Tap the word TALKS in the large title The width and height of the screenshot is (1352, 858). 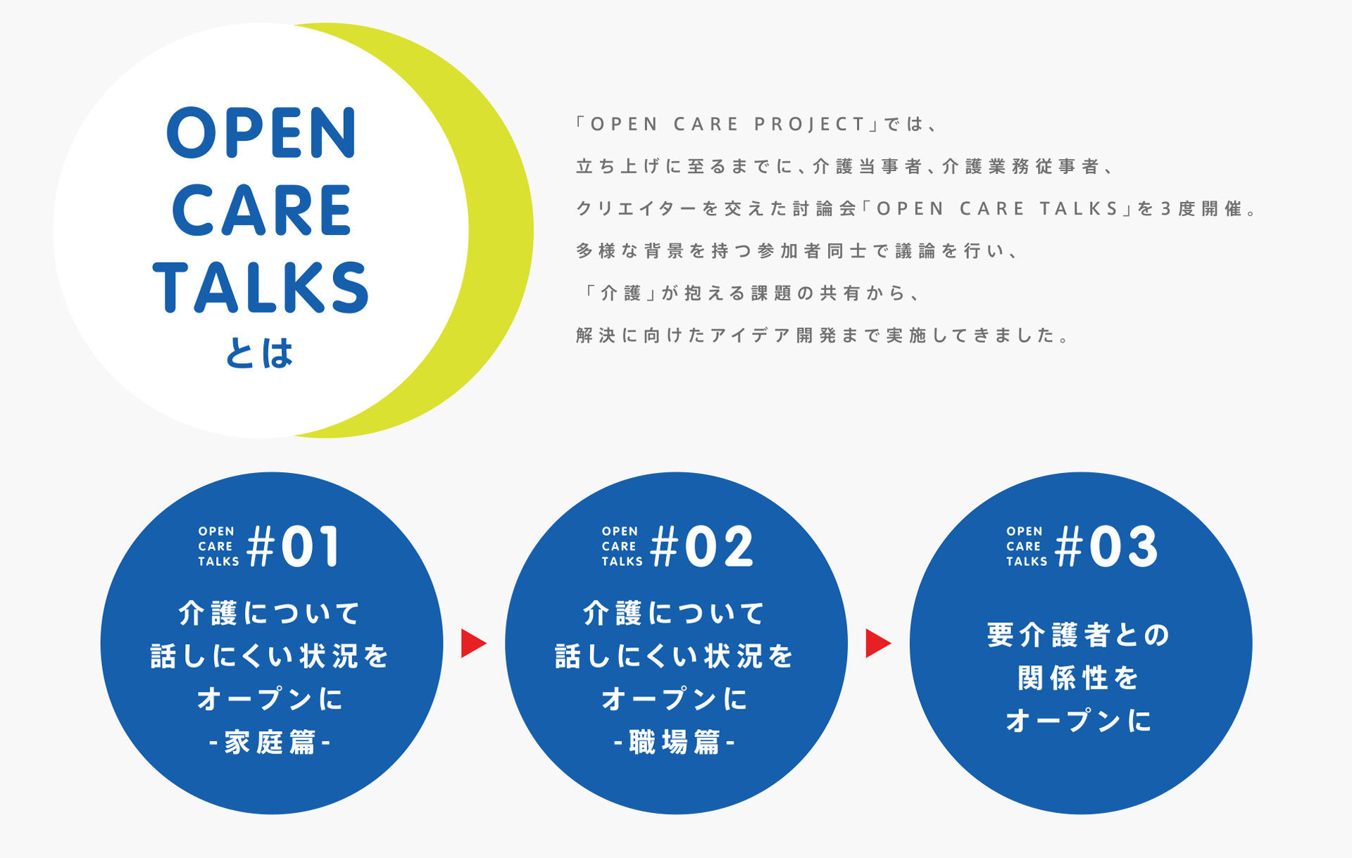(261, 286)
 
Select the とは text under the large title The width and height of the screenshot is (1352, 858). (258, 353)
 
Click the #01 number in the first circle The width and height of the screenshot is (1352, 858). (294, 547)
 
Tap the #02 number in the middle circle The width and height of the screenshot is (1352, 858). (702, 547)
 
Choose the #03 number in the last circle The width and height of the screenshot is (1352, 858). (1106, 547)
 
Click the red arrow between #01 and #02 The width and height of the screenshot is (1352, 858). (472, 643)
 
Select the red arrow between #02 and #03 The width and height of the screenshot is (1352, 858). (877, 643)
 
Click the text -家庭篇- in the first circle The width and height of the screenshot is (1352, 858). (270, 743)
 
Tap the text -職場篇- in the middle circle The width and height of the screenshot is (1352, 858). (675, 743)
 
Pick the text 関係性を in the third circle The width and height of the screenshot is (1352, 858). (1079, 679)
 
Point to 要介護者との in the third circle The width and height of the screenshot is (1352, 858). (1079, 635)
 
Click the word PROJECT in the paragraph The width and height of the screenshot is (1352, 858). (810, 125)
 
